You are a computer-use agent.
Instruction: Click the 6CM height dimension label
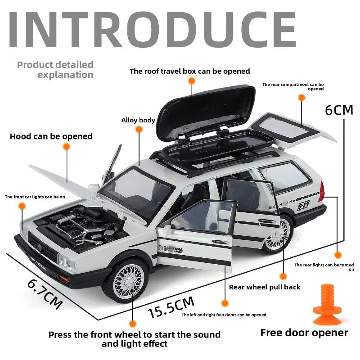pos(339,110)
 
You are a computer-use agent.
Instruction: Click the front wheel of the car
pos(128,280)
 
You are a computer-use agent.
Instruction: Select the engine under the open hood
pos(85,225)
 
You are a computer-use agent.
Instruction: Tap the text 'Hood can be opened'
pos(51,136)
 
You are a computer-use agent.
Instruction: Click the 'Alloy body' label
pos(138,120)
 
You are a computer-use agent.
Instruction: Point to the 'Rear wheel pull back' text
pos(265,287)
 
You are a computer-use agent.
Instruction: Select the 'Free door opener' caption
pos(304,333)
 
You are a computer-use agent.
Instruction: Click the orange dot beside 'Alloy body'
pos(139,130)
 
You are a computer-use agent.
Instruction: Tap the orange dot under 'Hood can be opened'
pos(67,147)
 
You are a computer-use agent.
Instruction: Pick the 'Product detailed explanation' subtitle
pos(55,70)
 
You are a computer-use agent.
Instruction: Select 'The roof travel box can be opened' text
pos(189,71)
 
